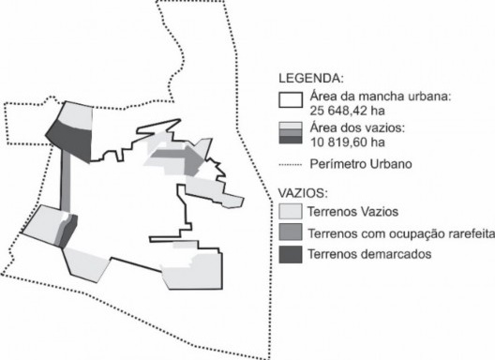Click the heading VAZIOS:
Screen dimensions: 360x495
click(306, 192)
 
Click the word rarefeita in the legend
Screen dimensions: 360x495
click(457, 233)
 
